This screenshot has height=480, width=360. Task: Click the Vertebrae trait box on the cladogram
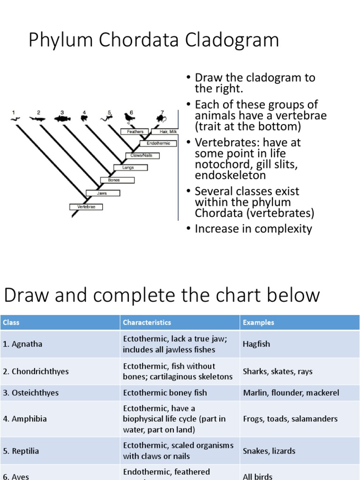(x=86, y=206)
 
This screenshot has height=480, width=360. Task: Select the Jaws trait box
(x=102, y=193)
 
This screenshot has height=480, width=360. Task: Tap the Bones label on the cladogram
(x=117, y=180)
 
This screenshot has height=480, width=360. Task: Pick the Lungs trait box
(x=128, y=167)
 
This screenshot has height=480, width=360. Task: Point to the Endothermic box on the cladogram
(x=158, y=143)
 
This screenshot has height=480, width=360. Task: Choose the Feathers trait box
(x=135, y=132)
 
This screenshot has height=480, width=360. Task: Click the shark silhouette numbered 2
(x=38, y=119)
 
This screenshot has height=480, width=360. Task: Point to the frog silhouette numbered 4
(x=84, y=119)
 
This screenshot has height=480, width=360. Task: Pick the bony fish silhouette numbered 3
(x=62, y=119)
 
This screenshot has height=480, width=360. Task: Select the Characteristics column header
(x=147, y=322)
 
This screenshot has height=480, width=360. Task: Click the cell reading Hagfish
(x=256, y=344)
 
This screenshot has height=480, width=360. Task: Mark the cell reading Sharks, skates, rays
(x=277, y=371)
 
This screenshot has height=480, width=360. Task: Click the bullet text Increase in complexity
(x=253, y=229)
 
